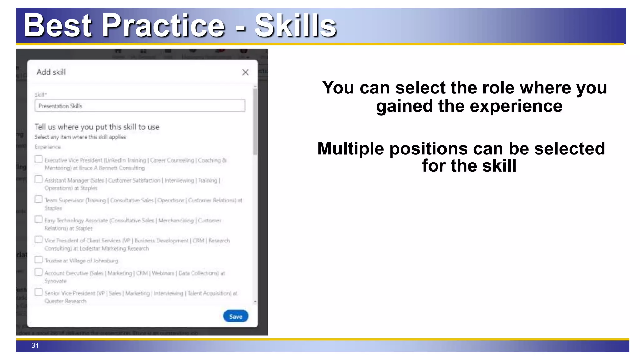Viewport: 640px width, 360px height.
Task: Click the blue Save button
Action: coord(236,316)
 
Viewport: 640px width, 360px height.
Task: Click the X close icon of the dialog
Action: coord(245,72)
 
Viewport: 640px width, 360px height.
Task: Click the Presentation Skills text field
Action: coord(140,106)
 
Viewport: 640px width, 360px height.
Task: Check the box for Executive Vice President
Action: coord(38,159)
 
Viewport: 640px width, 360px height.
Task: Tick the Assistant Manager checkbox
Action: coord(38,179)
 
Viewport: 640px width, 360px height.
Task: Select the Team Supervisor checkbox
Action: coord(38,199)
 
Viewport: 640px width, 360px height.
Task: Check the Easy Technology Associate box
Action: coord(38,219)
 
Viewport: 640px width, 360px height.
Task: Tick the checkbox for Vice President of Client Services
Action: coord(38,240)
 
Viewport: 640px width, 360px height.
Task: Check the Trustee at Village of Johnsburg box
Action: coord(38,260)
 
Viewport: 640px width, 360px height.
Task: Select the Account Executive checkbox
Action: coord(38,272)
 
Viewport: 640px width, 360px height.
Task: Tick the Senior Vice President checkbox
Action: coord(38,292)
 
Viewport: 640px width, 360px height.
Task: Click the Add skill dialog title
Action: coord(51,72)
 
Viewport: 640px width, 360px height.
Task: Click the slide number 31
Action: coord(35,346)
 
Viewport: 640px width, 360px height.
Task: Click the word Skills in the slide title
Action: coord(295,26)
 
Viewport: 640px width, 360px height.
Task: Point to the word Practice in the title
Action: coord(163,26)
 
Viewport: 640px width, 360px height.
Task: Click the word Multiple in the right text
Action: coord(350,148)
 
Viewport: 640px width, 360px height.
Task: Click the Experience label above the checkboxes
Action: coord(48,147)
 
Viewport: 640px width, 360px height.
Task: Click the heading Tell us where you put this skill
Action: coord(97,127)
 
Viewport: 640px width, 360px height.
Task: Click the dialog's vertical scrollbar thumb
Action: coord(255,122)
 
